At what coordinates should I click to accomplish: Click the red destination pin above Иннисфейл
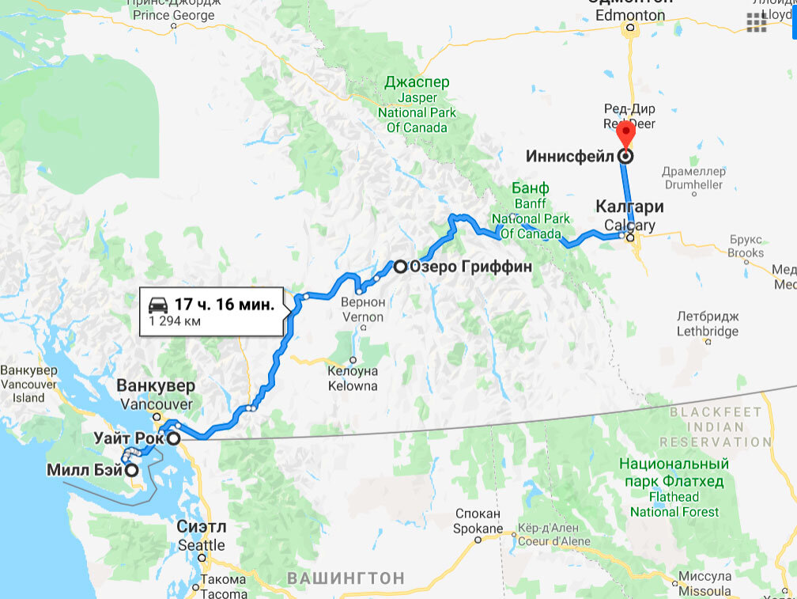pos(626,133)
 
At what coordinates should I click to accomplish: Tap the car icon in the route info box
pos(157,305)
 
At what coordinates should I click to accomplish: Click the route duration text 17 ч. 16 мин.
pos(224,305)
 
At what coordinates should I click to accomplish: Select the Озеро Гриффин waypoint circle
pos(400,267)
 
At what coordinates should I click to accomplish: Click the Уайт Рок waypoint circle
pos(172,438)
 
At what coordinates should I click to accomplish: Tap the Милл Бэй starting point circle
pos(132,470)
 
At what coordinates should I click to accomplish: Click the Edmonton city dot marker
pos(630,29)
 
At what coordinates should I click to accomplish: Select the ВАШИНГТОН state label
pos(346,578)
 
